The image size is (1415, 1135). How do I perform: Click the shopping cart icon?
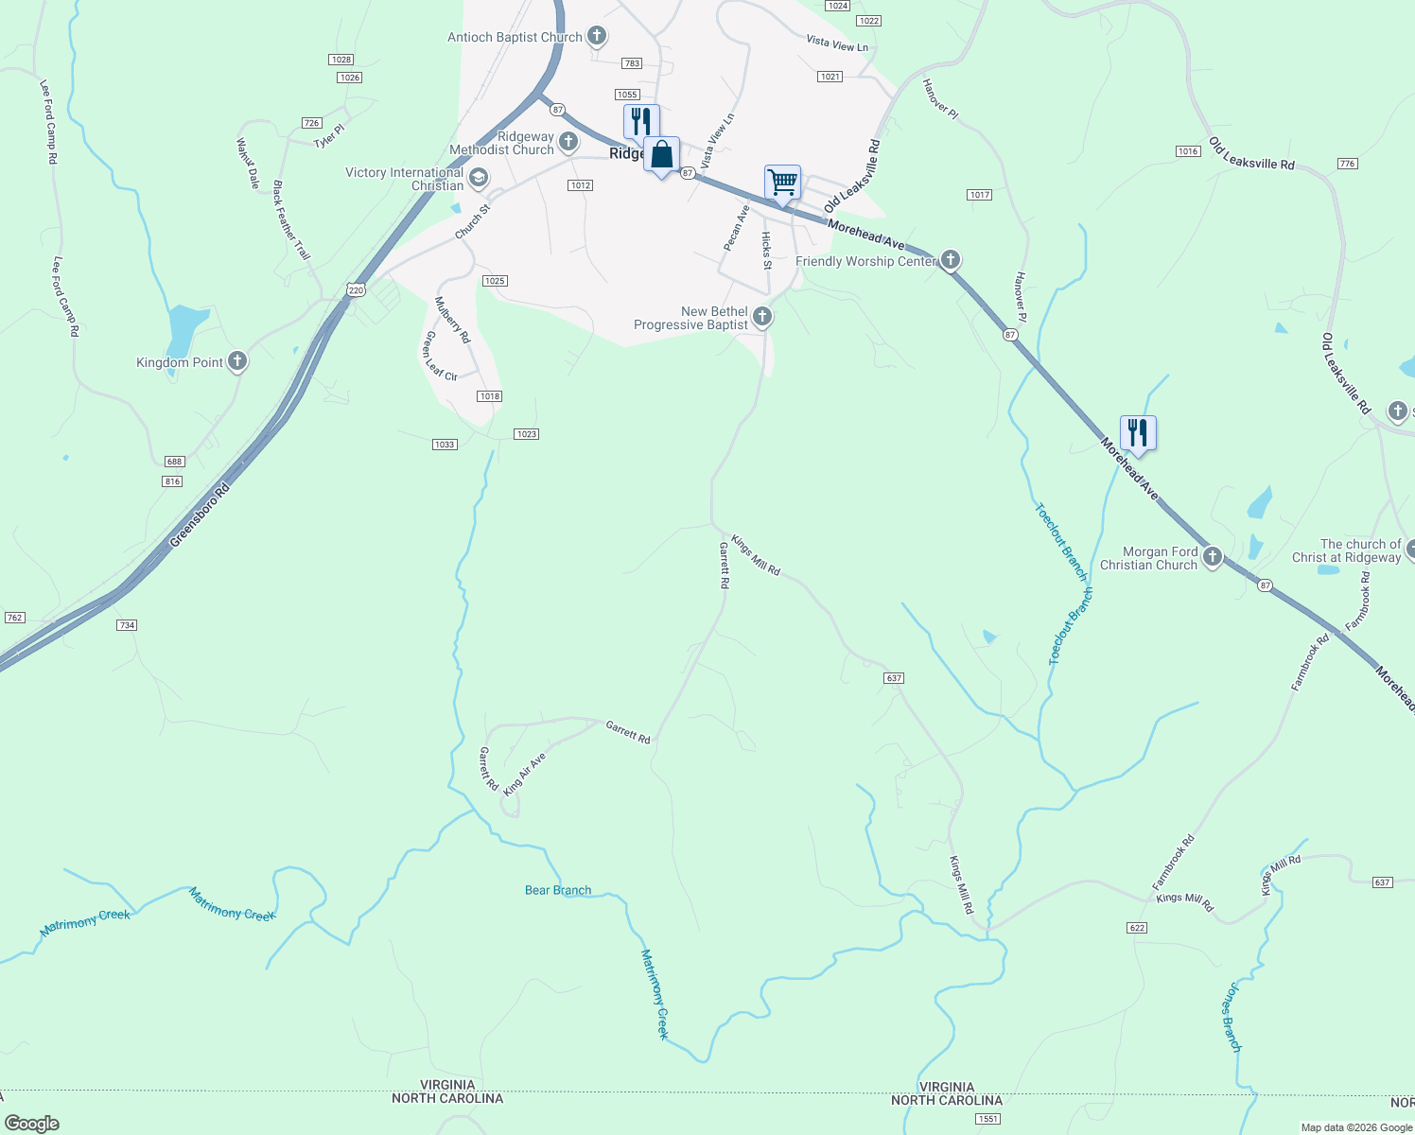click(782, 182)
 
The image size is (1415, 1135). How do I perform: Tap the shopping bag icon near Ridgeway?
click(661, 154)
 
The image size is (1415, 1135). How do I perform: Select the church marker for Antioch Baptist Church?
click(596, 37)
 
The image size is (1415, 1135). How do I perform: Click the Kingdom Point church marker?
click(237, 362)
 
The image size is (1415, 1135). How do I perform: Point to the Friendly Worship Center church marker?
click(951, 260)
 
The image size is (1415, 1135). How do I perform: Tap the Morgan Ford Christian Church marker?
click(1213, 557)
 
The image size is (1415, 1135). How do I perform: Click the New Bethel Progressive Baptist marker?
click(762, 317)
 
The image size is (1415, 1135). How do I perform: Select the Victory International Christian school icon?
click(479, 178)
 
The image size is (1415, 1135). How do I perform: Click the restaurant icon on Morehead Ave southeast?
click(1138, 433)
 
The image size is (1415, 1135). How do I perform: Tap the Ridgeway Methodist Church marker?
click(568, 143)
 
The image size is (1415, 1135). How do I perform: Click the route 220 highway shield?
click(356, 290)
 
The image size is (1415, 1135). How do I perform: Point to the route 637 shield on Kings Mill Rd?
click(894, 678)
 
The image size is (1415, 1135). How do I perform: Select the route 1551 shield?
click(987, 1119)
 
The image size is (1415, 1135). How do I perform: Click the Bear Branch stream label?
click(558, 890)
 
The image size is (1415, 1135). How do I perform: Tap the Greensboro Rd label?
click(200, 516)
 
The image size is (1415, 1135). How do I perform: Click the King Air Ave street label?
click(525, 775)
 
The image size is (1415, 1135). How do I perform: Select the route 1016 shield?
click(1188, 151)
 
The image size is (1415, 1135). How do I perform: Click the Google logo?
click(32, 1123)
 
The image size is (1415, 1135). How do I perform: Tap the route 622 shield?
click(1137, 928)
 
